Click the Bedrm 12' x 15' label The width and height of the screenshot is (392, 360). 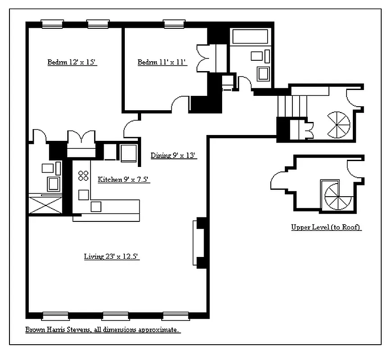tap(72, 62)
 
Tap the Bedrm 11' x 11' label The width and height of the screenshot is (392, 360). tap(162, 62)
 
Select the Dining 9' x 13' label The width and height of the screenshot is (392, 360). tap(173, 155)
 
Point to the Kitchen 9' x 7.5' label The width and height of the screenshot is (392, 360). tap(124, 179)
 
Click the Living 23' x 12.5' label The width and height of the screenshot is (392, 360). tap(111, 256)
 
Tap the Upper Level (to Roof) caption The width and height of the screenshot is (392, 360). tap(326, 227)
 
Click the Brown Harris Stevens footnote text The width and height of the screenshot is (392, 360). tap(103, 329)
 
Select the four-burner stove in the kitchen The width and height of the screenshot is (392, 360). tap(83, 175)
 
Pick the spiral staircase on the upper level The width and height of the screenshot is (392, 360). tap(338, 197)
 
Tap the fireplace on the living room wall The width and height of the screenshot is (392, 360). tap(199, 243)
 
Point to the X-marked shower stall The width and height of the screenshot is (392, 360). tap(45, 205)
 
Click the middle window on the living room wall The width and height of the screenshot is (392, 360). tap(115, 316)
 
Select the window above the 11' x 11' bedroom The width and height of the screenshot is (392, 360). tap(174, 24)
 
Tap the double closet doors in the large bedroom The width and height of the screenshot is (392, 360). tap(81, 136)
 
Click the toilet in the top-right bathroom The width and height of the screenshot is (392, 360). tap(263, 74)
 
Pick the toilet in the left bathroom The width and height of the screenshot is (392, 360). tap(53, 184)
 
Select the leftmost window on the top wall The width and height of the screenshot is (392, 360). tap(52, 24)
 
